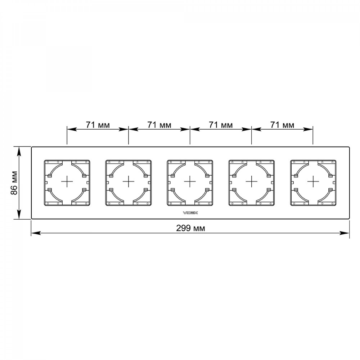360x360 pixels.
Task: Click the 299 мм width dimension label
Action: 190,229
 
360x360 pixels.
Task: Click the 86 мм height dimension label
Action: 14,183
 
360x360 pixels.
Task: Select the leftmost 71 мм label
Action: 98,125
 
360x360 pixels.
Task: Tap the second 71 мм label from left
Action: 159,125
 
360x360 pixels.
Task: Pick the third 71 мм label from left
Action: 221,125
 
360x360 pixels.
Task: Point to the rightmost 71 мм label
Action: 282,125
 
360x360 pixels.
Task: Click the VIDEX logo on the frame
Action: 190,213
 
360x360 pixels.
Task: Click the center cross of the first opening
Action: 67,181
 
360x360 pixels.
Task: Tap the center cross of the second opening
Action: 129,181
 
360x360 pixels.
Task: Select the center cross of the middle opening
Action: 190,181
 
